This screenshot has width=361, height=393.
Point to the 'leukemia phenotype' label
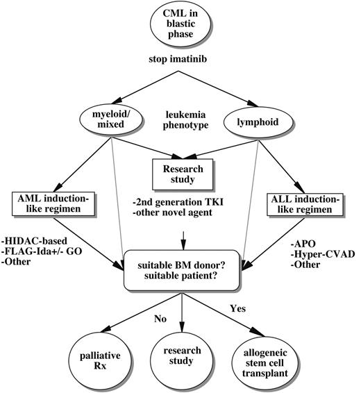pyautogui.click(x=181, y=119)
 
